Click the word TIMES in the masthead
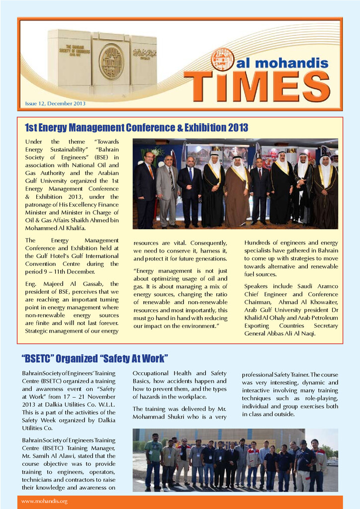pyautogui.click(x=257, y=85)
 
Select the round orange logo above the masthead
pyautogui.click(x=222, y=59)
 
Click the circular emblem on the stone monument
pyautogui.click(x=111, y=62)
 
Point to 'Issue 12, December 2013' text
pyautogui.click(x=55, y=103)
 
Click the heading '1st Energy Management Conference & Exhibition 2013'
pyautogui.click(x=136, y=128)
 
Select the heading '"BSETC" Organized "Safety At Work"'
pyautogui.click(x=95, y=358)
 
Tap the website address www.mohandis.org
pyautogui.click(x=44, y=501)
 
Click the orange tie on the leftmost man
pyautogui.click(x=151, y=171)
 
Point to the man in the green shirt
pyautogui.click(x=154, y=460)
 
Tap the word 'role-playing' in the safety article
pyautogui.click(x=318, y=399)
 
